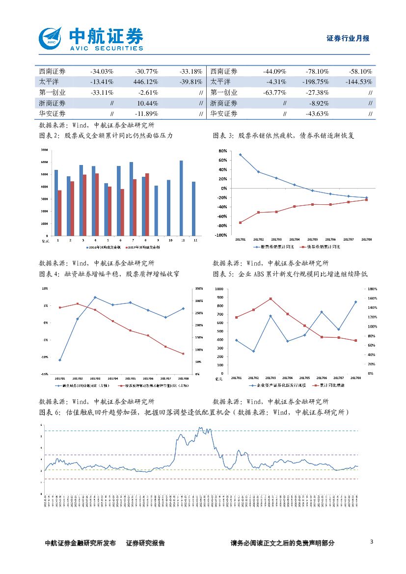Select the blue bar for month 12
point(193,208)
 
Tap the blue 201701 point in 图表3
point(241,155)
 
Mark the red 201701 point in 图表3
point(241,222)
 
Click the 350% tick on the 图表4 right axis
point(198,288)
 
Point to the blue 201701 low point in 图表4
point(60,360)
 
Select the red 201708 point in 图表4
point(183,354)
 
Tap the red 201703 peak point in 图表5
point(271,299)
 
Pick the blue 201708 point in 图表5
point(355,302)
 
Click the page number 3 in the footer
point(372,542)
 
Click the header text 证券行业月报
point(348,38)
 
